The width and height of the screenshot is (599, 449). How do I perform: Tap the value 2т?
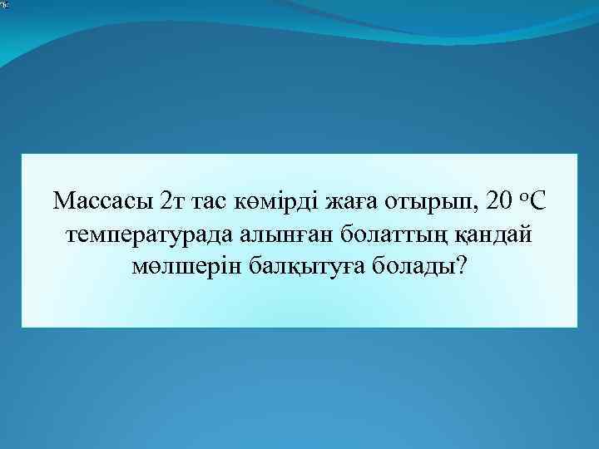coord(170,202)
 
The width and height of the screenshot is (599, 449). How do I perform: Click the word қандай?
coord(494,235)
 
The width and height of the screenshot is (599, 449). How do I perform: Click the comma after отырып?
coord(460,209)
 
